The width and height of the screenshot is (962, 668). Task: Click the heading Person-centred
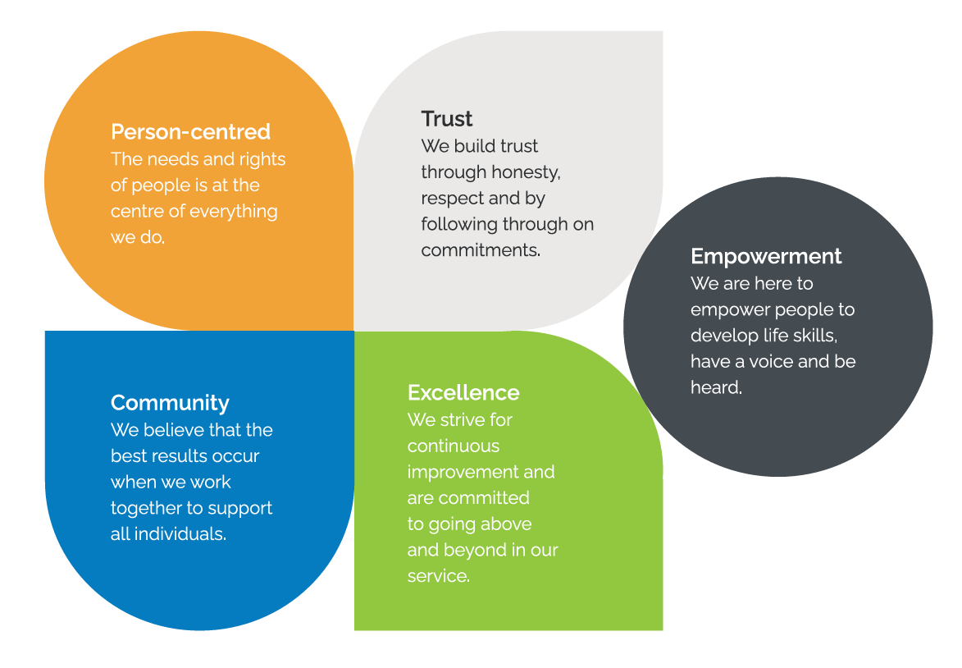190,132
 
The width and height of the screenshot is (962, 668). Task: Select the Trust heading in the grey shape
447,119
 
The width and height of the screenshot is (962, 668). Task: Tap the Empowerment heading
766,256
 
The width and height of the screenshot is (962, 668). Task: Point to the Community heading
170,403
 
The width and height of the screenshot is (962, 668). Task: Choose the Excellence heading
463,392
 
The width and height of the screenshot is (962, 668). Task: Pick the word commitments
480,250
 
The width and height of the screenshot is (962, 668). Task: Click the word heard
715,387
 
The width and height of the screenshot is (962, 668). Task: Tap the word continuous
454,446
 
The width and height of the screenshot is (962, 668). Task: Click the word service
437,576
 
